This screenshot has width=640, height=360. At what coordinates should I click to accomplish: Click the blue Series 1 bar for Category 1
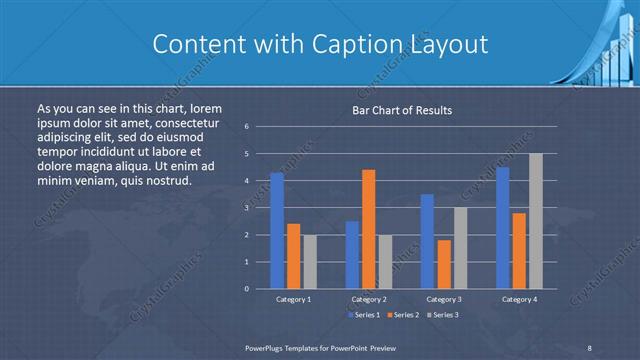(277, 231)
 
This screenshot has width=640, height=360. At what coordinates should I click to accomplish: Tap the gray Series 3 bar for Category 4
(536, 221)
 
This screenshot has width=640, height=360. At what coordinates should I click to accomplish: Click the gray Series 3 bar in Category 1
(310, 262)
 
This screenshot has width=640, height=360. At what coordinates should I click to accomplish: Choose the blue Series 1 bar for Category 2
(352, 255)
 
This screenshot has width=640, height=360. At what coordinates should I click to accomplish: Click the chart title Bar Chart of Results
(403, 110)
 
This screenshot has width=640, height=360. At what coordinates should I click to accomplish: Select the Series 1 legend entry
(364, 315)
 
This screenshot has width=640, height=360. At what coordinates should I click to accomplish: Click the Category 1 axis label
(293, 299)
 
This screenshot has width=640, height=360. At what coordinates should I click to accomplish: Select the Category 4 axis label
(519, 299)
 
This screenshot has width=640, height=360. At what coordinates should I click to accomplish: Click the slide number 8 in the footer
(590, 346)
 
